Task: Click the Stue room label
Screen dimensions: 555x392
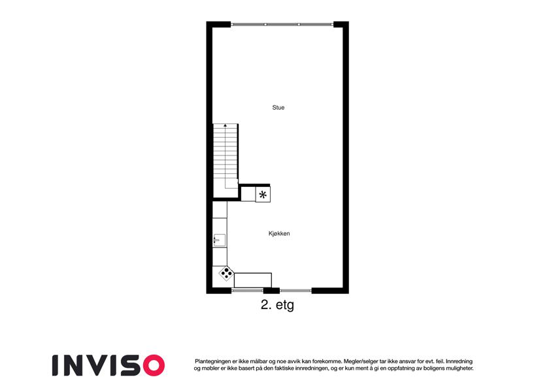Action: click(x=278, y=108)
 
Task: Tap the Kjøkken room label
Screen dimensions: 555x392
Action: click(x=279, y=233)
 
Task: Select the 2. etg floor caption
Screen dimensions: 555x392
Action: click(x=277, y=305)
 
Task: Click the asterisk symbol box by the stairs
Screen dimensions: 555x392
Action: click(x=263, y=195)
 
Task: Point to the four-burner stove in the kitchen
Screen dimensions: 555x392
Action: click(x=226, y=274)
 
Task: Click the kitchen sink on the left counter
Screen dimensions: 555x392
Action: click(x=220, y=240)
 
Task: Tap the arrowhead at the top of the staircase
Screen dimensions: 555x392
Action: click(x=225, y=125)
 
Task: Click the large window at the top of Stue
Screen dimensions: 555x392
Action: click(x=282, y=24)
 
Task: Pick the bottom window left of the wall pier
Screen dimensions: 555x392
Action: click(x=247, y=291)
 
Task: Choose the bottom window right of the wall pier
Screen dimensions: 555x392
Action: click(x=295, y=291)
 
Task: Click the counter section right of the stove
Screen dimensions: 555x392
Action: click(x=253, y=280)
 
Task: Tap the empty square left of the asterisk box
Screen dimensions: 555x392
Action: click(x=248, y=195)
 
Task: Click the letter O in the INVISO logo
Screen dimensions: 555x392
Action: click(x=153, y=365)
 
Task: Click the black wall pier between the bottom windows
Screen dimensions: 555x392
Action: click(x=271, y=291)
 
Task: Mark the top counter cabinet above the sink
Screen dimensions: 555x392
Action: click(x=220, y=210)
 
